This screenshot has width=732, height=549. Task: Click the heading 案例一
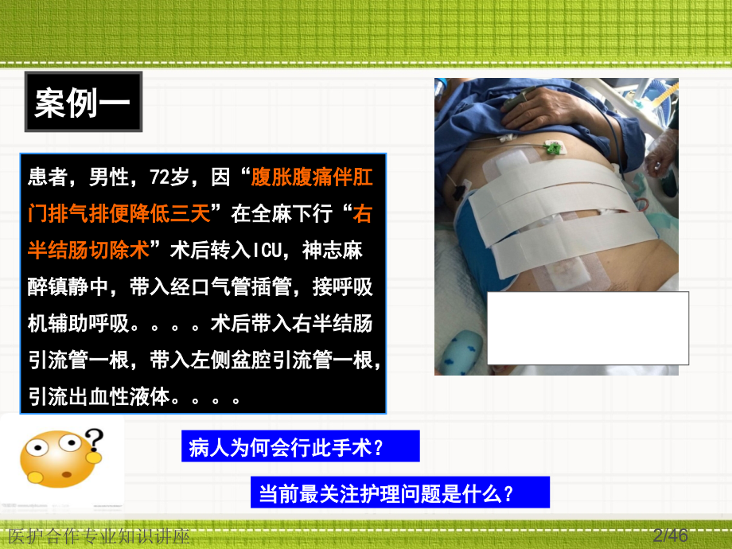point(83,103)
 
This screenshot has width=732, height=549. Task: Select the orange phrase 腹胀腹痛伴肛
point(311,177)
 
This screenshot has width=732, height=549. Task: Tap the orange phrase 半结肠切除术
point(88,251)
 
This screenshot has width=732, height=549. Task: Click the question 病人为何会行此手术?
point(287,447)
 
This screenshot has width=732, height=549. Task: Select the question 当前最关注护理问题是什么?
point(387,494)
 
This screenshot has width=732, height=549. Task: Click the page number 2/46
point(670,535)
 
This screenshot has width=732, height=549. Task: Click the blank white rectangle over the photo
point(588,328)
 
